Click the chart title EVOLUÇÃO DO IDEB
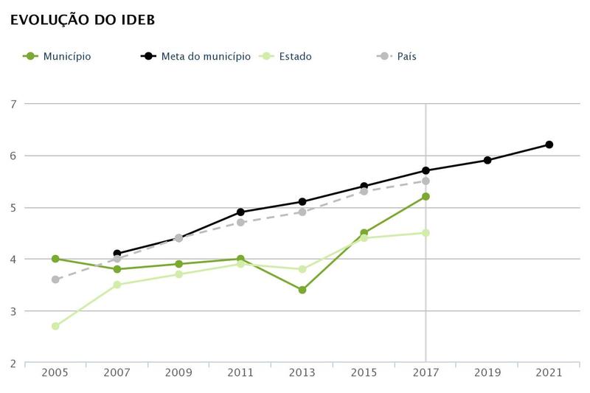[82, 20]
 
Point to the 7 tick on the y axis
[13, 104]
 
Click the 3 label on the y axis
[13, 311]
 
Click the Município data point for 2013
[302, 290]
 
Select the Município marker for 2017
[426, 196]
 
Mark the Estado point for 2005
[55, 326]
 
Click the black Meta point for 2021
[549, 145]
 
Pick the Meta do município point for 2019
[487, 160]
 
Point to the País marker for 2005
[55, 279]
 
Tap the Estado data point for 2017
[426, 233]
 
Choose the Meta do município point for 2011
[240, 212]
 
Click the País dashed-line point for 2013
[302, 212]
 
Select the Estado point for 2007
[117, 285]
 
